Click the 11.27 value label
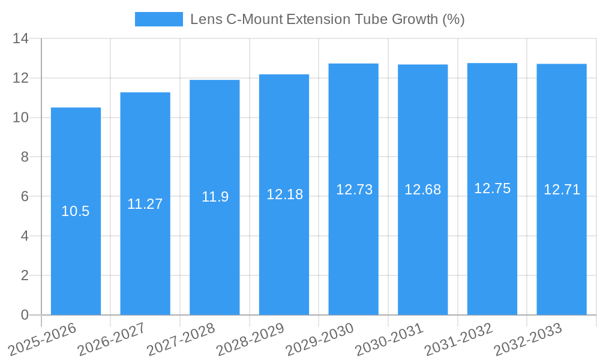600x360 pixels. tap(145, 204)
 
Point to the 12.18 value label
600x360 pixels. tap(284, 194)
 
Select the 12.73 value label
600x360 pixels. tap(354, 190)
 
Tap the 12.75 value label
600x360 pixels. tap(492, 188)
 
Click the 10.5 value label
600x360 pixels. tap(76, 211)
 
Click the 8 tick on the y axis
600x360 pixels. tap(25, 157)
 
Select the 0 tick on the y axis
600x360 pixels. tap(25, 315)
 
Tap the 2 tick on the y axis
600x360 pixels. tap(25, 275)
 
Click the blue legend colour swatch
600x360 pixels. tap(159, 19)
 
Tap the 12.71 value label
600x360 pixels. tap(562, 190)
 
